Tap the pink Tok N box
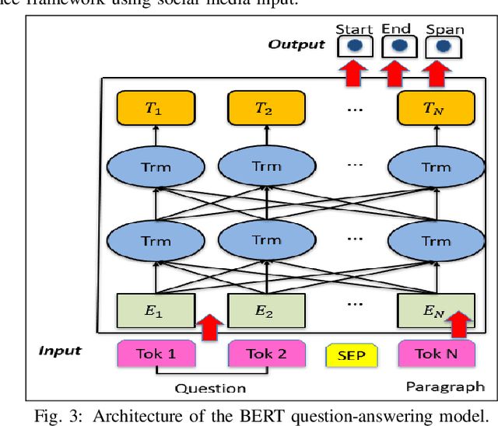pyautogui.click(x=436, y=354)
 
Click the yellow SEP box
pyautogui.click(x=351, y=356)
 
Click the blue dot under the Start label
pyautogui.click(x=354, y=47)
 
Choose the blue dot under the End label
pyautogui.click(x=398, y=47)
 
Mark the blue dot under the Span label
pyautogui.click(x=444, y=47)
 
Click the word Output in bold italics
pyautogui.click(x=296, y=44)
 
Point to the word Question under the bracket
pyautogui.click(x=210, y=388)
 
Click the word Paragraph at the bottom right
pyautogui.click(x=445, y=386)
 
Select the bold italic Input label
pyautogui.click(x=60, y=351)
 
